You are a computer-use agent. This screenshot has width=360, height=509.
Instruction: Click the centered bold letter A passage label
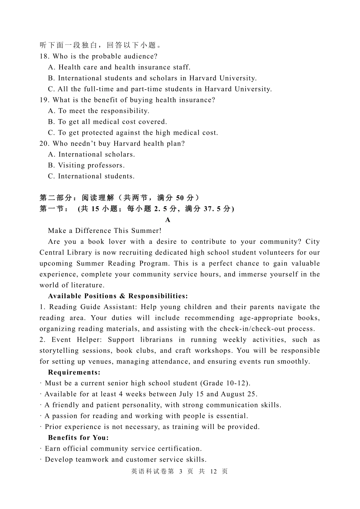coord(168,220)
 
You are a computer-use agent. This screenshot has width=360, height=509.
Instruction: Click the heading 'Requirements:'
coord(74,372)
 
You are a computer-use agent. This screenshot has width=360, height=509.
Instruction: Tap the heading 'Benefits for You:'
coord(78,438)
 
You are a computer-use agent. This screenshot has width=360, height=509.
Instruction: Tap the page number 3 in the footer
coord(181,471)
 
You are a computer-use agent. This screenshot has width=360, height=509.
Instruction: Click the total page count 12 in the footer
coord(213,471)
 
